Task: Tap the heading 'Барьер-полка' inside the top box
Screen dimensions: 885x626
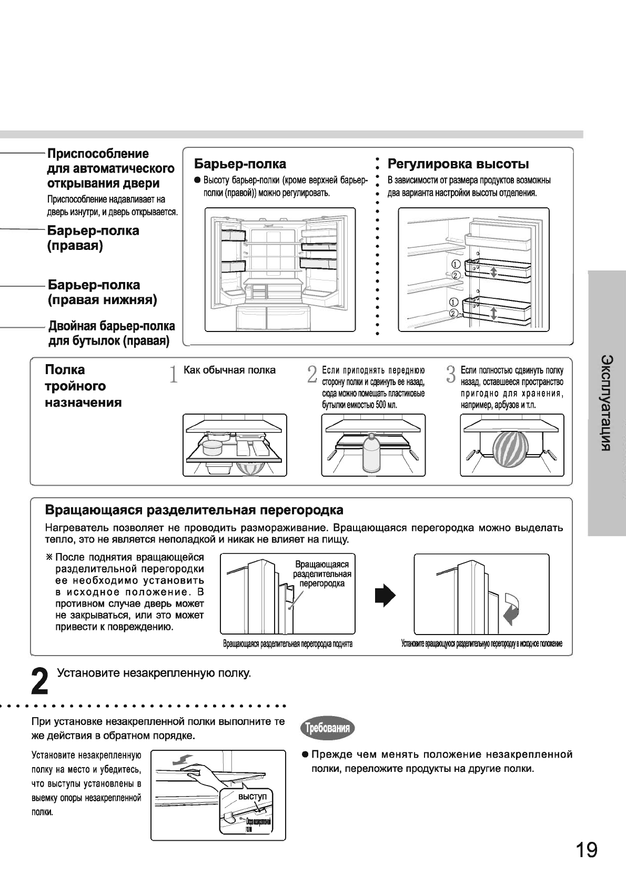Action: coord(240,164)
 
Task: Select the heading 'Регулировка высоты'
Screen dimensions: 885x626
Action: coord(458,164)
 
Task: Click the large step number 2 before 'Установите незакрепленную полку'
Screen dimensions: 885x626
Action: coord(40,681)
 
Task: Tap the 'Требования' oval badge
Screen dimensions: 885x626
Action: coord(327,728)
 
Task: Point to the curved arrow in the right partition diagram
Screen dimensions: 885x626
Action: coord(511,608)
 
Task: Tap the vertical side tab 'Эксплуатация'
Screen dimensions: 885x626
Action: coord(607,403)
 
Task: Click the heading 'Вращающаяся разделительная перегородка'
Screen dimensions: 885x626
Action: coord(194,510)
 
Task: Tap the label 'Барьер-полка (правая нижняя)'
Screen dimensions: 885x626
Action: coord(103,293)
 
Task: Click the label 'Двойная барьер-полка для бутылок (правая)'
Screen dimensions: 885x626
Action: coord(111,334)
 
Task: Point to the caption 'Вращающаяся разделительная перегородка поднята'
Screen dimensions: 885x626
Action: coord(287,644)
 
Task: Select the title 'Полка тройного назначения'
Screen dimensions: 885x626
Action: coord(83,386)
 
